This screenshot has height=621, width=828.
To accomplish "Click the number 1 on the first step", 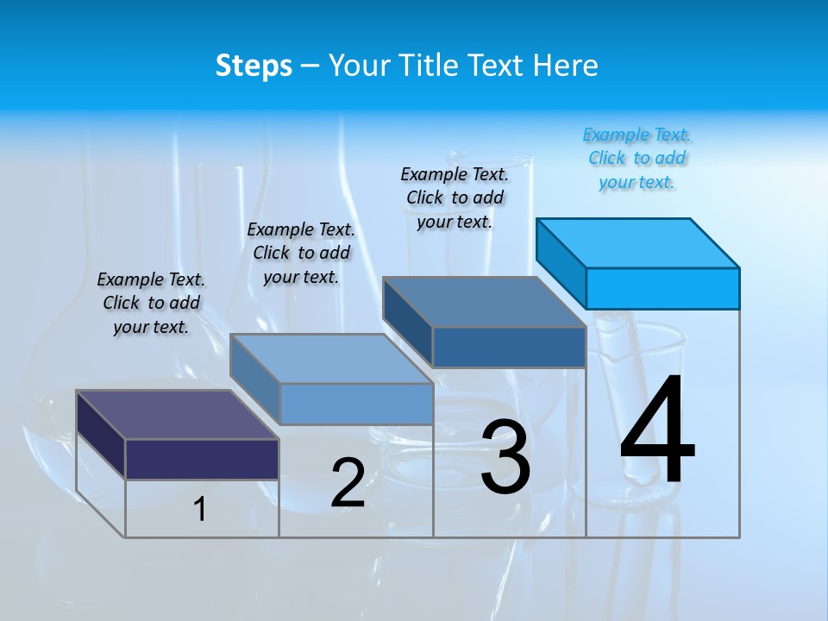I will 200,509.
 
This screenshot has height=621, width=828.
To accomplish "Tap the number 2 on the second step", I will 348,482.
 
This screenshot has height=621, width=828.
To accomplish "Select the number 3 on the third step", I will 505,456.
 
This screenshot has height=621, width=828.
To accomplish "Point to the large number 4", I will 657,431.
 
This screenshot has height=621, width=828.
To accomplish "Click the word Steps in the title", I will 254,66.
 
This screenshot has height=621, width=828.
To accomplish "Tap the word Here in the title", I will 566,66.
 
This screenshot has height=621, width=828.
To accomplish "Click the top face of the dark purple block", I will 178,415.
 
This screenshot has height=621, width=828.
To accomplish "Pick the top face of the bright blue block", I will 638,242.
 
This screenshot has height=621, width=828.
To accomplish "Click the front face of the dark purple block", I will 202,459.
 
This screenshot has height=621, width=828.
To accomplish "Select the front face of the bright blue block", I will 662,288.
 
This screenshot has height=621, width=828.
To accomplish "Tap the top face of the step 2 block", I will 331,359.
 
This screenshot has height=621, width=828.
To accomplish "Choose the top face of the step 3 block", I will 485,302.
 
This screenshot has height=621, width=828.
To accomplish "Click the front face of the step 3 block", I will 509,347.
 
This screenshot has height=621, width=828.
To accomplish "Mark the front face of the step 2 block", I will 355,404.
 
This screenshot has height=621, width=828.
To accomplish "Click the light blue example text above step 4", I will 637,158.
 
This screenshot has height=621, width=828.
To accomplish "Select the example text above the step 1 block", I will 151,303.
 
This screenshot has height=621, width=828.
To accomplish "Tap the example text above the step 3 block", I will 455,198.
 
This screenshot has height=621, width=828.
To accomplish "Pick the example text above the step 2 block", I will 301,253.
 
